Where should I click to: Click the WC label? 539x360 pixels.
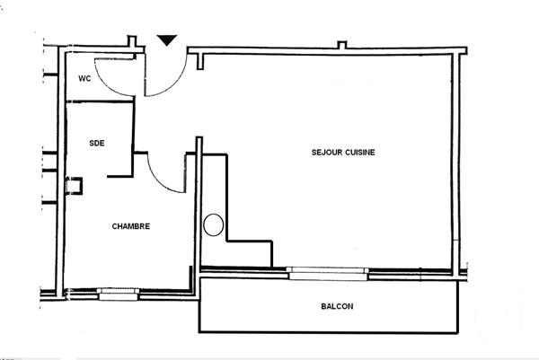coord(84,78)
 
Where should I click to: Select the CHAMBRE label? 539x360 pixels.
coord(130,226)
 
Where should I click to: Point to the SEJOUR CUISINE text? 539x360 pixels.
coord(343,153)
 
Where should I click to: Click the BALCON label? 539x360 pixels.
coord(337,306)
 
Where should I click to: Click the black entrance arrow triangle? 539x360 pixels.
coord(167,40)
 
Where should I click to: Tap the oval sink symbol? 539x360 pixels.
coord(214,224)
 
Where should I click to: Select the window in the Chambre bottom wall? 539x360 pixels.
coord(118,292)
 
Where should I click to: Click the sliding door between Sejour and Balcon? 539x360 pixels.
coord(326,270)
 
